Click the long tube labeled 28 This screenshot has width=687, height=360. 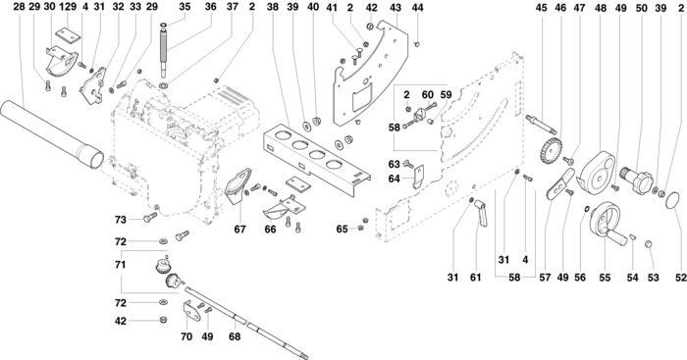pyautogui.click(x=52, y=134)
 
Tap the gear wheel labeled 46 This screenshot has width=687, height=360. pyautogui.click(x=551, y=151)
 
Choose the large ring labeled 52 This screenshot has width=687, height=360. pyautogui.click(x=672, y=200)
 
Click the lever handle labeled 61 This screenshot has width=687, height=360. pyautogui.click(x=480, y=212)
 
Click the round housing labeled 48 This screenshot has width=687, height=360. pyautogui.click(x=597, y=172)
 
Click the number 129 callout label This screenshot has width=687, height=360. pyautogui.click(x=67, y=7)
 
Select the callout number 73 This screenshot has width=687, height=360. pyautogui.click(x=120, y=220)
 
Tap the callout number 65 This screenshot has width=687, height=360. pyautogui.click(x=343, y=230)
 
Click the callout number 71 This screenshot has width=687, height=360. pyautogui.click(x=120, y=265)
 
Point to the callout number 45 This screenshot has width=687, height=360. pyautogui.click(x=542, y=8)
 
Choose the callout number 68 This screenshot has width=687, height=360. pyautogui.click(x=235, y=336)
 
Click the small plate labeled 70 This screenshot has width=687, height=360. pyautogui.click(x=192, y=311)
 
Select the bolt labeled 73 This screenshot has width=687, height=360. pyautogui.click(x=150, y=217)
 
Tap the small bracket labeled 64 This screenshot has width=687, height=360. pyautogui.click(x=418, y=176)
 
